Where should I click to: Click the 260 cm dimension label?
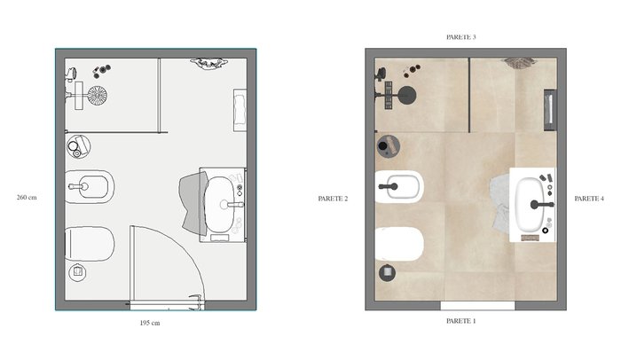coord(27,197)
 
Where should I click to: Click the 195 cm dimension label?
coord(150,323)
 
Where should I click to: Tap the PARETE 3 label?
coord(461,37)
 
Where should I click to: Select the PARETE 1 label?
coord(461,321)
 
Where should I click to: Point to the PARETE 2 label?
coord(333,199)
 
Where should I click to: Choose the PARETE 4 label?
coord(589,199)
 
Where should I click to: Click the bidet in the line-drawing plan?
coord(90,186)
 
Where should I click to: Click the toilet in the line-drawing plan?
coord(90,244)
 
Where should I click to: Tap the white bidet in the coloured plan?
coord(399,186)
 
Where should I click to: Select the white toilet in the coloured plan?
coord(399,244)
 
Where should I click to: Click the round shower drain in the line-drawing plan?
coord(97,96)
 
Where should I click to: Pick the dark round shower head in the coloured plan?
coord(406,96)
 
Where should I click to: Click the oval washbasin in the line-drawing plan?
coord(220,205)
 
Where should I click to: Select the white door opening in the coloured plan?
coord(477,305)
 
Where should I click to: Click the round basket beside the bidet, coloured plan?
coord(388,145)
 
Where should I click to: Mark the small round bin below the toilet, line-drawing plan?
coord(78,272)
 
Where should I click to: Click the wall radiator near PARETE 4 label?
coord(550,110)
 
